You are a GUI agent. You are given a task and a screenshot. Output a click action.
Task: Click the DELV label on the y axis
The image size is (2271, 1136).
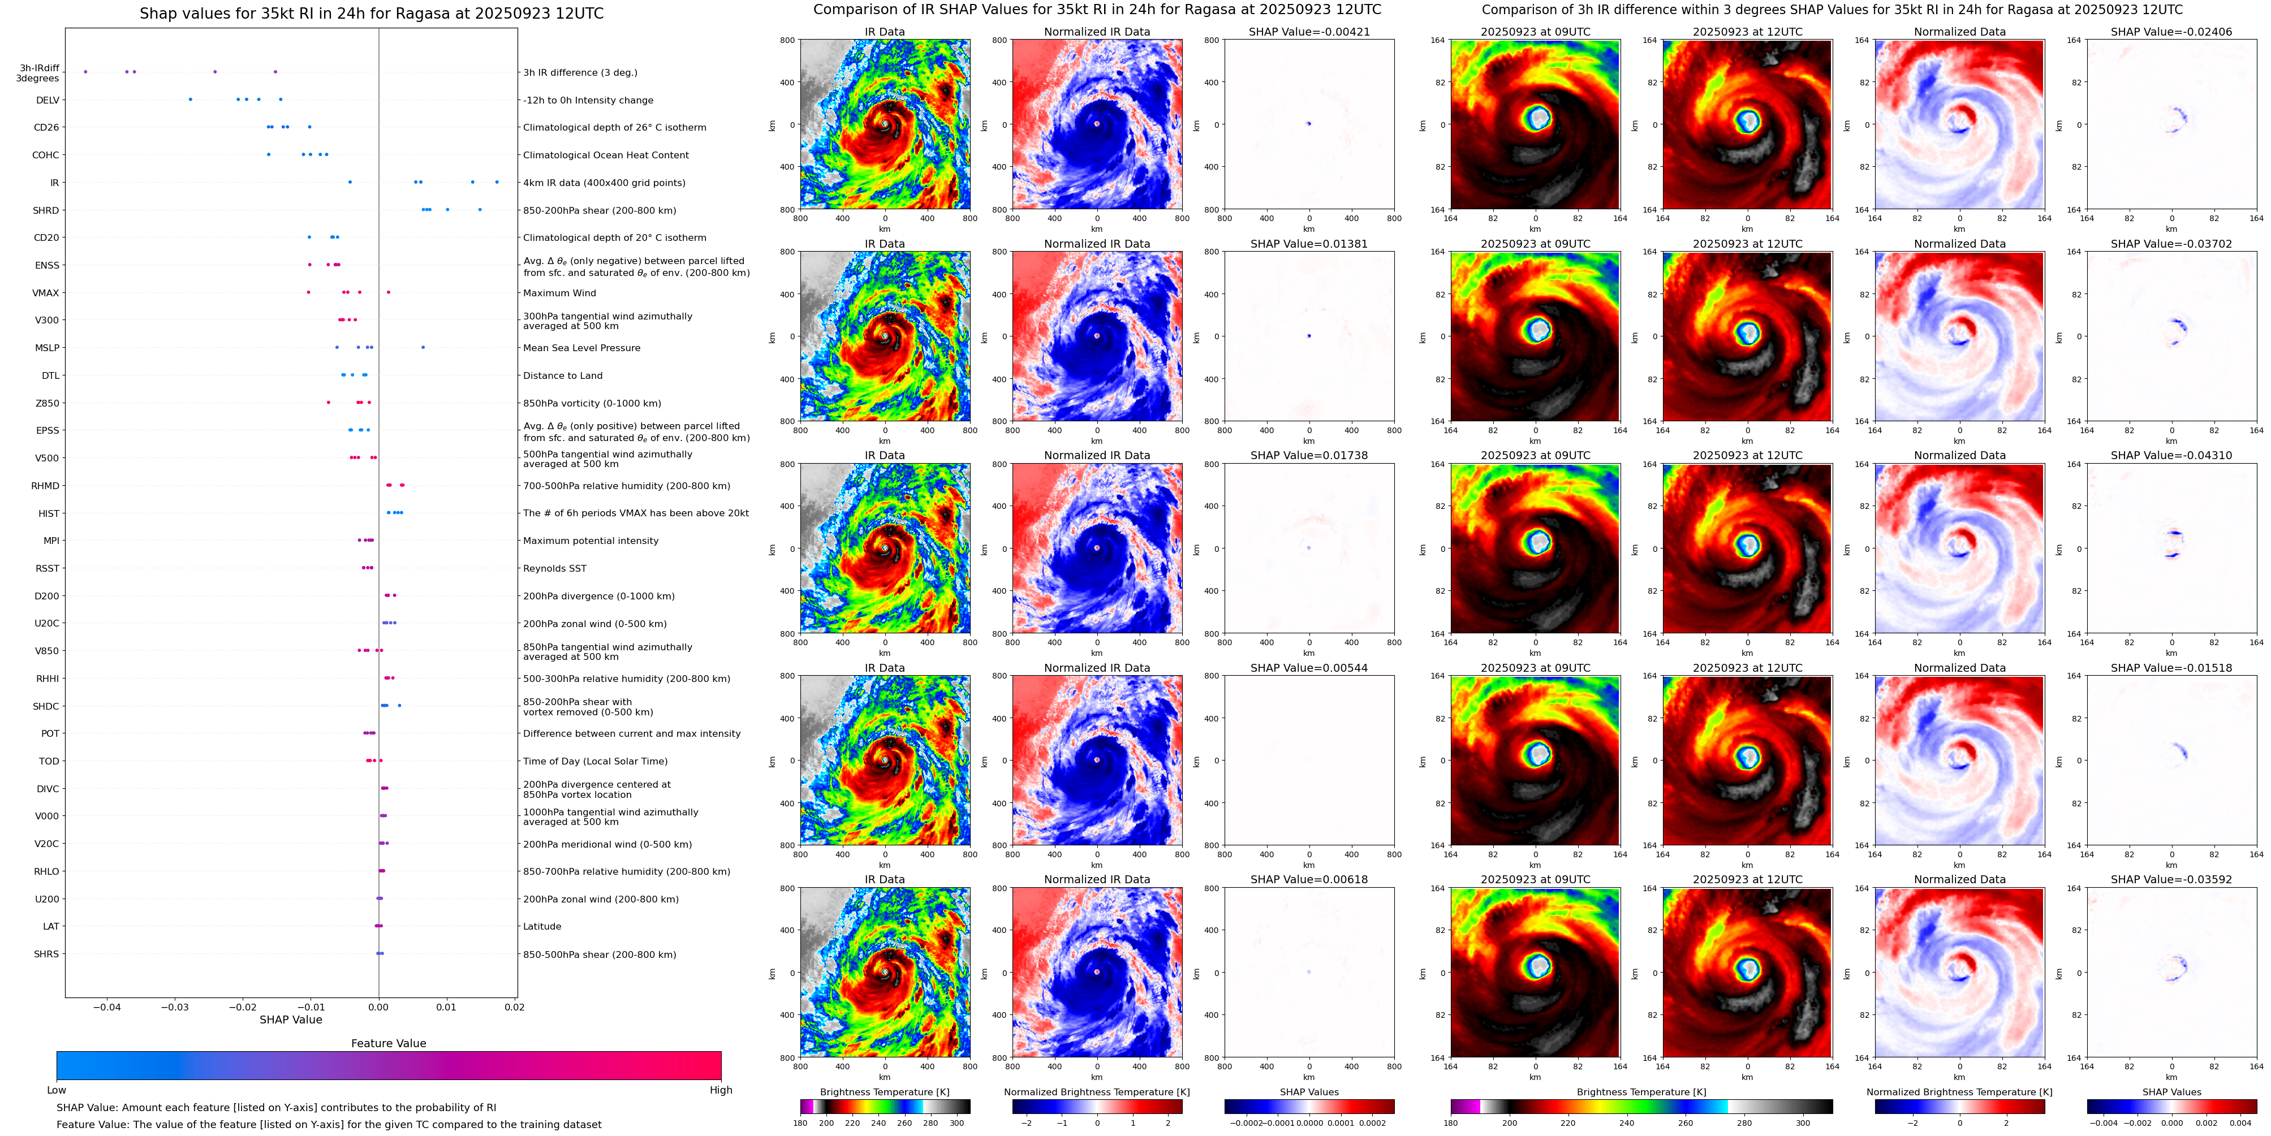click(x=48, y=101)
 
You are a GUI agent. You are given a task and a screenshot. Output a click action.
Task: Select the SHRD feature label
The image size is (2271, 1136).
click(x=46, y=210)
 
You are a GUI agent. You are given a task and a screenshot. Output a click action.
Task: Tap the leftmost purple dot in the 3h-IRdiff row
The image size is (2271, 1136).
click(x=85, y=71)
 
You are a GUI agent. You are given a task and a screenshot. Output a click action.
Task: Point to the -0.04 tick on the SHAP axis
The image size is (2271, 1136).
click(x=107, y=1007)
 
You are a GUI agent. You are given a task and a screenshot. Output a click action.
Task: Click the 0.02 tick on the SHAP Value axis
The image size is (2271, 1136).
click(x=515, y=1007)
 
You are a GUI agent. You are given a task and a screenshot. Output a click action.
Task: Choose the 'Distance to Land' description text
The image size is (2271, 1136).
click(x=562, y=375)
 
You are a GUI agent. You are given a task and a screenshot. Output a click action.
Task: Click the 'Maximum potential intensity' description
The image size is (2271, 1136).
click(x=591, y=541)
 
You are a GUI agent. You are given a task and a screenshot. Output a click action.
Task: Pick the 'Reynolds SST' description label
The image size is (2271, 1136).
click(x=554, y=568)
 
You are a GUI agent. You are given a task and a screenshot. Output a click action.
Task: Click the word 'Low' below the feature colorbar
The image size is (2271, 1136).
click(x=57, y=1090)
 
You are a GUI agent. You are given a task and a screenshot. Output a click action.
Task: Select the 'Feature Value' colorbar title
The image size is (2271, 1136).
click(x=388, y=1043)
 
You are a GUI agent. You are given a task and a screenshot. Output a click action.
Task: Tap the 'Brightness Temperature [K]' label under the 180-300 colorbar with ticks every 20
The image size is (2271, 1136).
click(x=884, y=1092)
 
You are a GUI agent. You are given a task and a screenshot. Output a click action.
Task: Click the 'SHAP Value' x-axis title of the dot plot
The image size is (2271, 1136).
click(x=291, y=1020)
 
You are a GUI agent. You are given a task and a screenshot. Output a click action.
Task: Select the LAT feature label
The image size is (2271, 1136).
click(x=51, y=926)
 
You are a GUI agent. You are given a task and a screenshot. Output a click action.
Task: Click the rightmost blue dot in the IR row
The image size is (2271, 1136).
click(x=497, y=183)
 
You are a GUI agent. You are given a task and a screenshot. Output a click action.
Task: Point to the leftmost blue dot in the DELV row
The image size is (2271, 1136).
click(x=191, y=100)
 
